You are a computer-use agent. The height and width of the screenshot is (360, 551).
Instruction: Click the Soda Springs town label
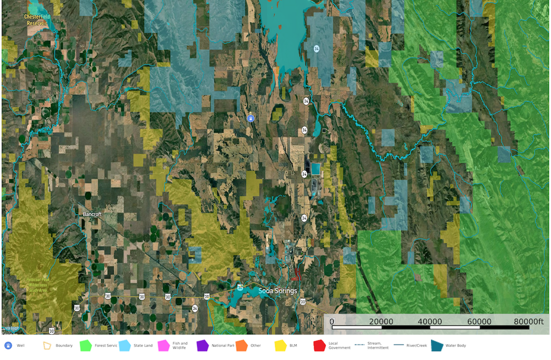click(277, 291)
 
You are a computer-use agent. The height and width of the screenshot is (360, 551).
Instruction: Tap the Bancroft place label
click(92, 214)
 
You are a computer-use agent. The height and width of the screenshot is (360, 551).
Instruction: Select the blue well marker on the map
click(251, 118)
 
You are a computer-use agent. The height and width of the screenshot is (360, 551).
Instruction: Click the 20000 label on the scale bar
click(381, 322)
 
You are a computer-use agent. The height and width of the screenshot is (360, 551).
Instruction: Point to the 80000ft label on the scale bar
click(528, 322)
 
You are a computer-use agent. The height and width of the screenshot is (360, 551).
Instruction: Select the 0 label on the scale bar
click(332, 322)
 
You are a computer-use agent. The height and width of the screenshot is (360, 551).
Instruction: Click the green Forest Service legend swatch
click(85, 346)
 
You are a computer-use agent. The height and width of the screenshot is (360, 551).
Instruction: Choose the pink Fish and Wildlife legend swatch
click(164, 346)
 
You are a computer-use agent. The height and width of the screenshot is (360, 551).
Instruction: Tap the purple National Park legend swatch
click(203, 346)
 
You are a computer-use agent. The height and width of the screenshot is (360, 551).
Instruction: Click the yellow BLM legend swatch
click(281, 346)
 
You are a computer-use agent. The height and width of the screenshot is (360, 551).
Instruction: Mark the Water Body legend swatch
click(437, 346)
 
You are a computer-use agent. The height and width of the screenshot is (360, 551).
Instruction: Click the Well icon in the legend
click(8, 346)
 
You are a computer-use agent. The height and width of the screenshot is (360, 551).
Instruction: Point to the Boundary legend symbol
click(47, 346)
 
